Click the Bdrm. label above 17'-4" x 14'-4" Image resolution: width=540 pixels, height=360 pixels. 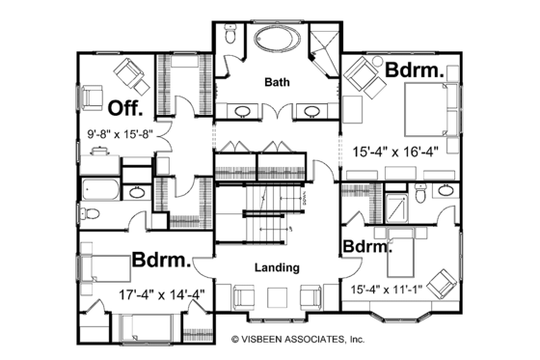tap(160, 262)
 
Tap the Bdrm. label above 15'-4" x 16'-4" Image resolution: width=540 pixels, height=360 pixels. tap(414, 70)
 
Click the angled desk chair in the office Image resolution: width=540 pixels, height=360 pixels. tap(127, 72)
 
